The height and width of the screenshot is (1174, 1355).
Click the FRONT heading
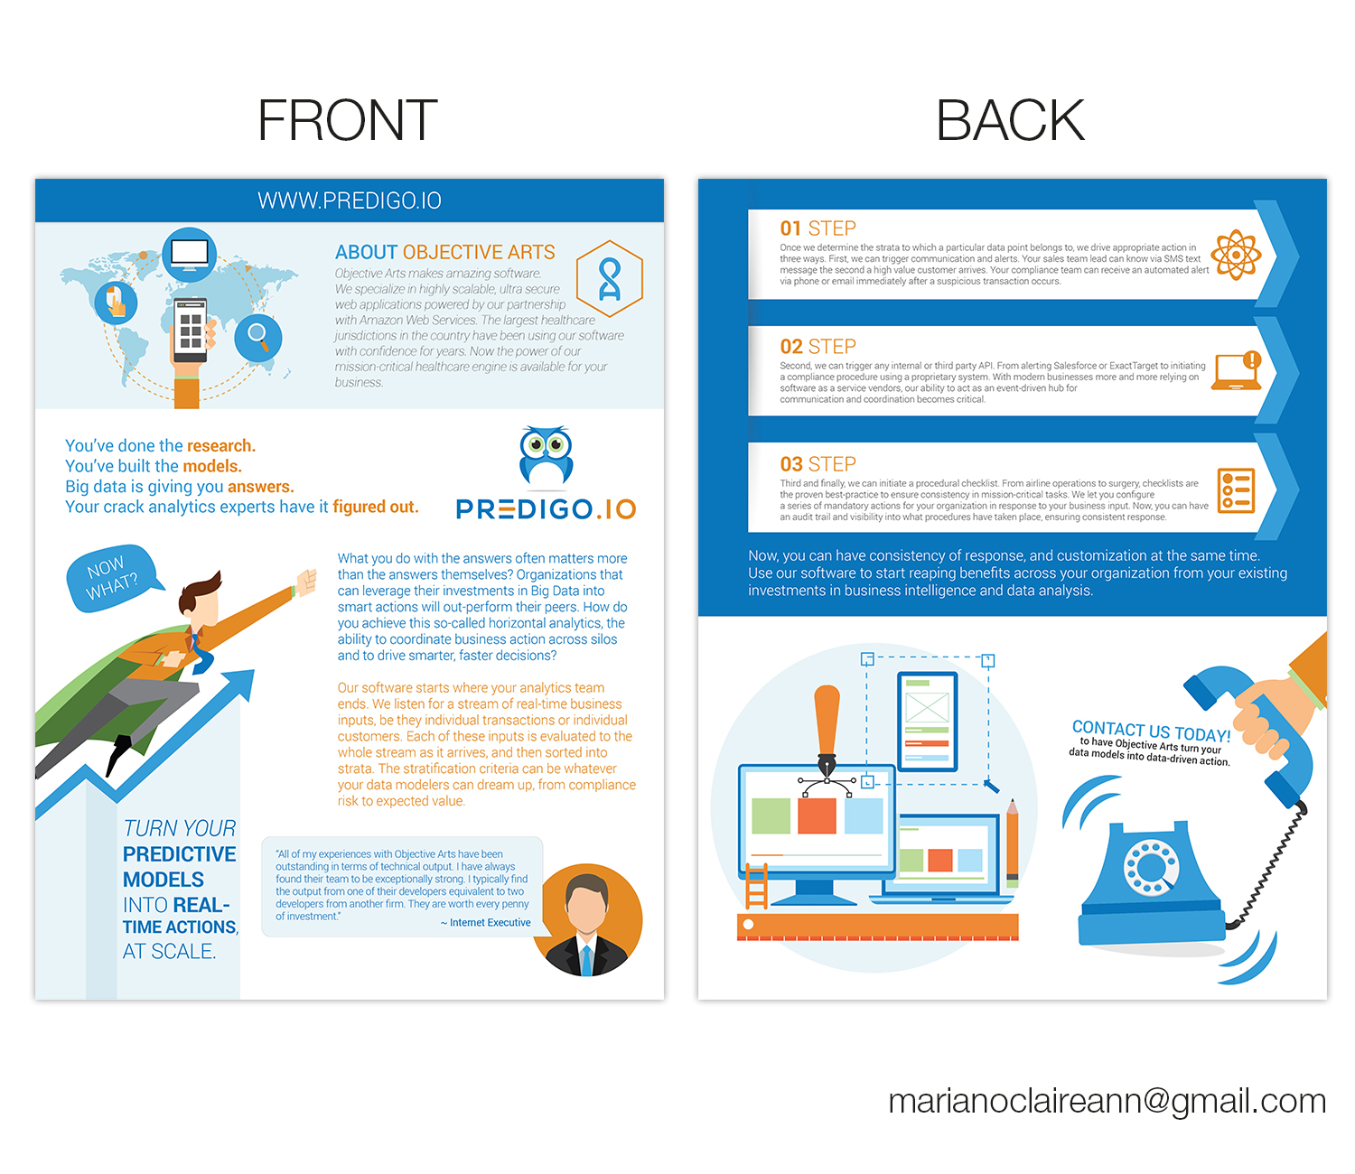348,120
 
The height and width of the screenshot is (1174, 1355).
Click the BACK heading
1010,120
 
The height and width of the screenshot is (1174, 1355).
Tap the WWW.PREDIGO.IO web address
350,200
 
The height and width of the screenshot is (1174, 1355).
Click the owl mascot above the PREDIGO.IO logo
546,455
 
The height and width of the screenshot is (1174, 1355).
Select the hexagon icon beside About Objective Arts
609,278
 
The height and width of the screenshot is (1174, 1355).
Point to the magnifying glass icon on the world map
258,338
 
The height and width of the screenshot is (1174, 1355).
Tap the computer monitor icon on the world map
190,255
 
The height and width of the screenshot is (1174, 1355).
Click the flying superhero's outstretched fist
307,582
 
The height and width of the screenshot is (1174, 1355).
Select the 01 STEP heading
818,228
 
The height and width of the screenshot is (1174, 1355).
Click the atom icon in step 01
1236,255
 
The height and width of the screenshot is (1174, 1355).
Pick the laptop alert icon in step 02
1237,370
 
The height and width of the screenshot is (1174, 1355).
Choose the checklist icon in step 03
1236,489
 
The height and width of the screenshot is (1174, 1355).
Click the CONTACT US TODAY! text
1151,731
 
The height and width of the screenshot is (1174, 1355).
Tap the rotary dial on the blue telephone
1151,868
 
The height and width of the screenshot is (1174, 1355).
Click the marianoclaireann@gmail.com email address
1107,1101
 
